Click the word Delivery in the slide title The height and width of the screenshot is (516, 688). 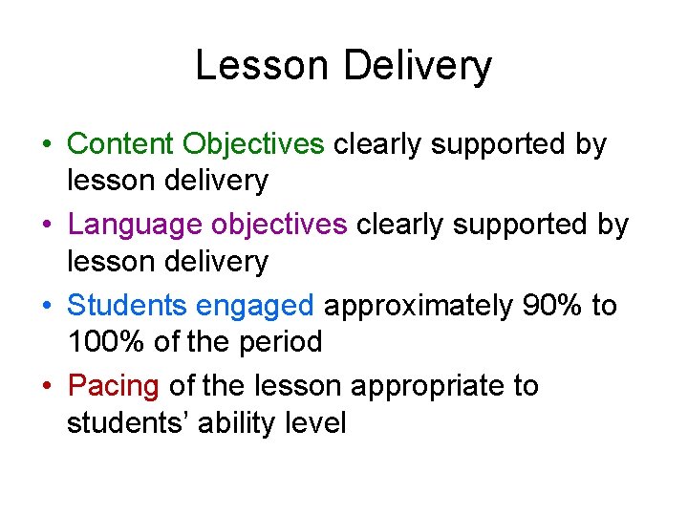coord(417,67)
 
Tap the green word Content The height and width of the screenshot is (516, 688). coord(121,144)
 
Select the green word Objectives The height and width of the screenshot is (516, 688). coord(254,144)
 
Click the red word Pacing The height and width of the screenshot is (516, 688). coord(114,387)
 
